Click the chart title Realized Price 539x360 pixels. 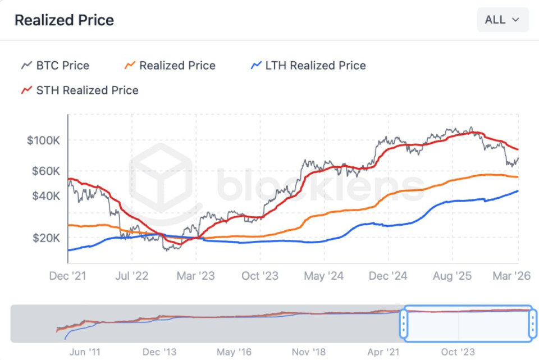64,20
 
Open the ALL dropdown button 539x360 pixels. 503,20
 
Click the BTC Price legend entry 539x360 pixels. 56,66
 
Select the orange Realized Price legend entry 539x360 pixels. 170,66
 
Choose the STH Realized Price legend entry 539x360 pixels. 80,90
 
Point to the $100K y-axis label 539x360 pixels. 43,140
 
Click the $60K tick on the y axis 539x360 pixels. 45,171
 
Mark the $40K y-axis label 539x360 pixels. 45,196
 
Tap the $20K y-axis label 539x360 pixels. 45,238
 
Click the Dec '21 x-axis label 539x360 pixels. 67,276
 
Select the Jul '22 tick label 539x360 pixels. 131,276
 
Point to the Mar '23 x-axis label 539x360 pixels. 195,276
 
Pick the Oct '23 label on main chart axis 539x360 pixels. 260,276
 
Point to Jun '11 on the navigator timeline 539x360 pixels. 85,352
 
